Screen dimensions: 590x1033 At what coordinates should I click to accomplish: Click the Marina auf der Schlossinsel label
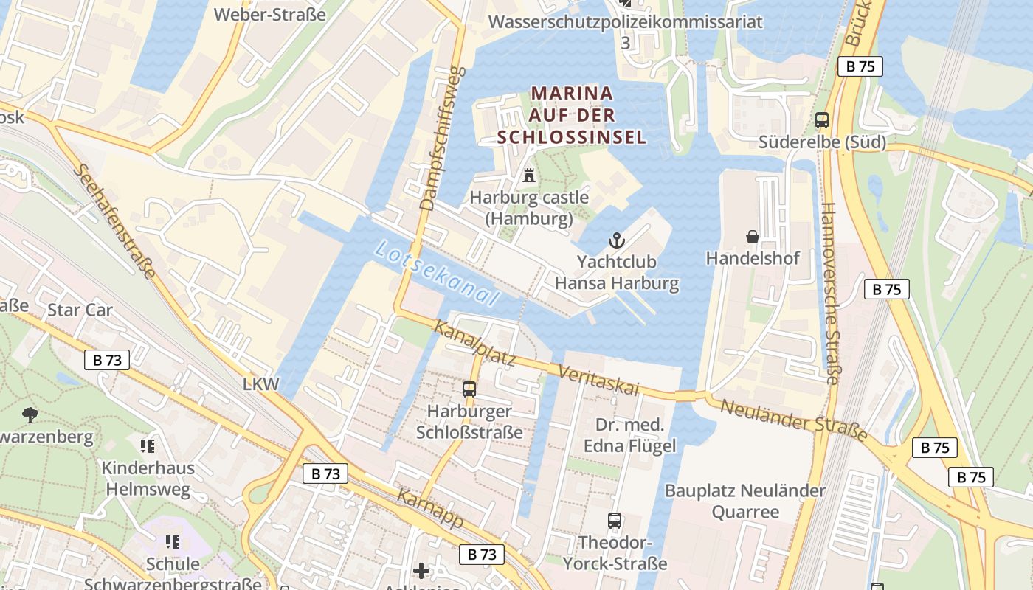[572, 115]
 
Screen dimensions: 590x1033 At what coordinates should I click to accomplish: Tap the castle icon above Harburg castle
[529, 176]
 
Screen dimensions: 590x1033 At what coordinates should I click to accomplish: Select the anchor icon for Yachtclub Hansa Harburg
[616, 240]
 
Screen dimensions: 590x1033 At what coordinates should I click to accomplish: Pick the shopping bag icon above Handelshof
[753, 237]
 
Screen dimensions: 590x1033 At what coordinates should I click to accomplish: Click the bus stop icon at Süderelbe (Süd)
[822, 120]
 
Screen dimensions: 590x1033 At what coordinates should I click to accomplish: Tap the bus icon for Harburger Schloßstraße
[469, 389]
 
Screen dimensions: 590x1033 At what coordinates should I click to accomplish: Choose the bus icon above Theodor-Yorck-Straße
[615, 521]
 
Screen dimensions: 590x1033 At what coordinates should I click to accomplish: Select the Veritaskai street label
[598, 380]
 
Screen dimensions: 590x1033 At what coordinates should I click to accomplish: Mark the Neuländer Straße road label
[793, 420]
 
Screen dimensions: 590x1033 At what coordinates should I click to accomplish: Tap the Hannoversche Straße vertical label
[829, 294]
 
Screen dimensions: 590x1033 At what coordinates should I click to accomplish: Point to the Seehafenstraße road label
[114, 221]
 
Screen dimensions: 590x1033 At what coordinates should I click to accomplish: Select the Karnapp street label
[430, 508]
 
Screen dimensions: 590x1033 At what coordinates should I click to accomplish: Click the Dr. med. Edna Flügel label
[629, 436]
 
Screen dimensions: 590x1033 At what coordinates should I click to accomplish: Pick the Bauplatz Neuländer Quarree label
[745, 501]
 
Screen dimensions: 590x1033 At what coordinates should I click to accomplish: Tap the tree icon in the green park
[30, 414]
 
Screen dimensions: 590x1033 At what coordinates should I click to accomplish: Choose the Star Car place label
[80, 310]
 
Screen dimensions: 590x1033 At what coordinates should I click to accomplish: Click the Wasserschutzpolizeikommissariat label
[625, 22]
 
